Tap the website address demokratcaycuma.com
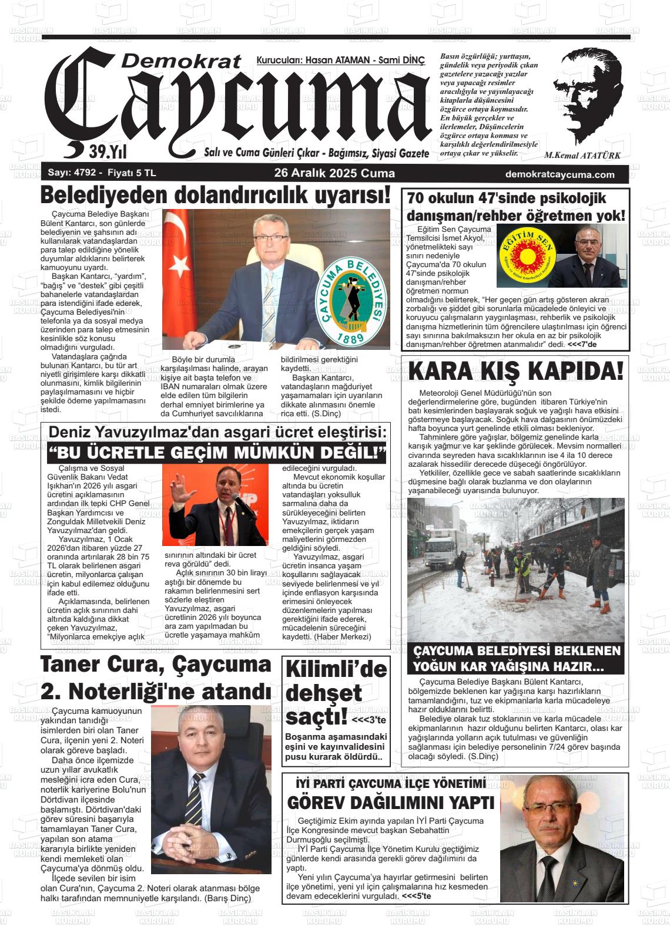tap(560, 174)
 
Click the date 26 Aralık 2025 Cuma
tap(334, 174)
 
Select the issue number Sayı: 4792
tap(70, 173)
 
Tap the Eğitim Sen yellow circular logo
tap(526, 257)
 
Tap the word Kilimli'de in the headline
tap(336, 669)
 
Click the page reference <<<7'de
tap(582, 344)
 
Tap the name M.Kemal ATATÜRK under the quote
tap(582, 156)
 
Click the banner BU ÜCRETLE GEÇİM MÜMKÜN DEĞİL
tap(216, 454)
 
